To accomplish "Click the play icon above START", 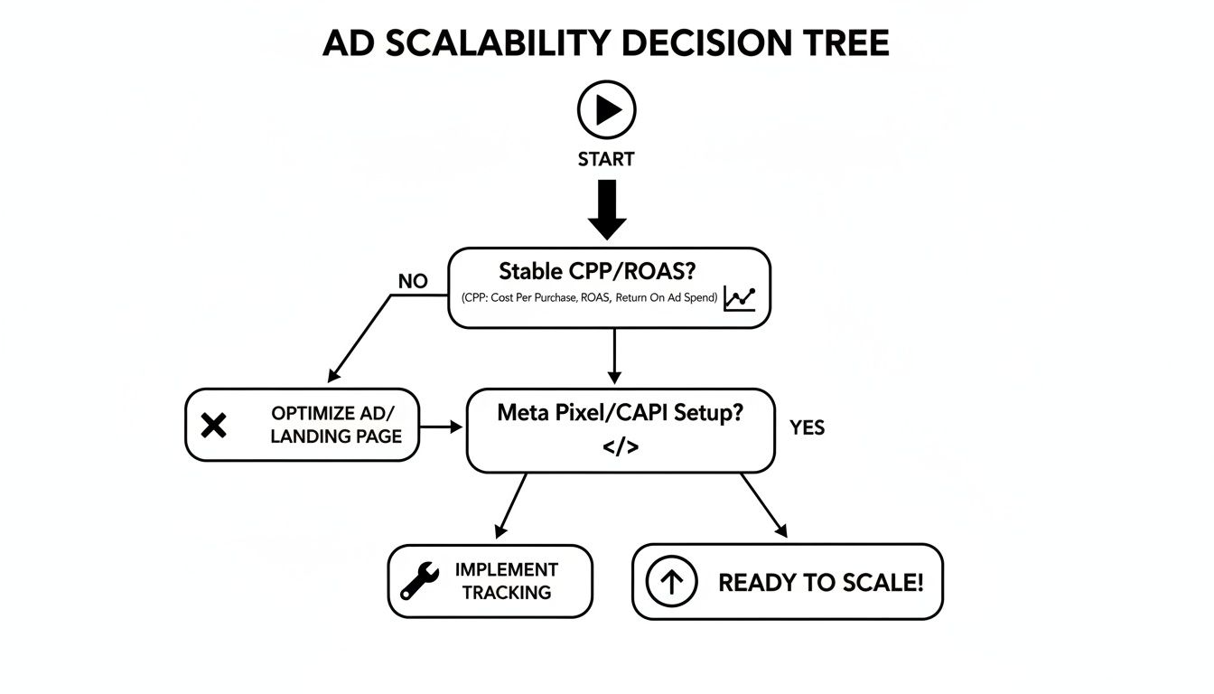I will pos(607,110).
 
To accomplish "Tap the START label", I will pos(606,160).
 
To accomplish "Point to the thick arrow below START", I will pos(607,209).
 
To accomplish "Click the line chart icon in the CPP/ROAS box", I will pos(739,298).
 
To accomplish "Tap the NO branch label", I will pos(413,282).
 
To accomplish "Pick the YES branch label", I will pos(807,428).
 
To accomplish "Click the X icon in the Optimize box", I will pos(213,425).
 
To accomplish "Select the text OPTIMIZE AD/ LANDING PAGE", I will pos(336,425).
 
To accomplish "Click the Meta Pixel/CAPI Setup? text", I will pos(621,414).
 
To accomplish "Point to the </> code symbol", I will pos(620,446).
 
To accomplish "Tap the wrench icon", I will pos(419,581).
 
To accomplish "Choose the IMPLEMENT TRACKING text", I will pos(506,581).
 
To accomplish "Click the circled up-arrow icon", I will pos(672,582).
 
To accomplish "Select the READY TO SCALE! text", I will pos(820,583).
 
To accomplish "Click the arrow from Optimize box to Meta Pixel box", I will pos(442,426).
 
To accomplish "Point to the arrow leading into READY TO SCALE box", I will pos(763,505).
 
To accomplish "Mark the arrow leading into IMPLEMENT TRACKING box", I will pos(511,505).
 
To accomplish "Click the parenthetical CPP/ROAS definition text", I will pos(589,299).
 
